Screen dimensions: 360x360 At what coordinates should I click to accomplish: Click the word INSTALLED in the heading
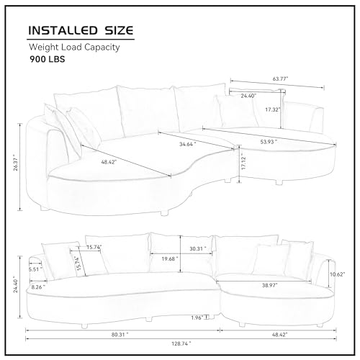point(63,31)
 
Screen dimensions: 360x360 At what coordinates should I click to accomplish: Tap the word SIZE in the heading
point(119,31)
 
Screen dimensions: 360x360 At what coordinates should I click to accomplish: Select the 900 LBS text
point(48,59)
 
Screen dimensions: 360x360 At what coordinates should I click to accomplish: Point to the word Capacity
point(102,48)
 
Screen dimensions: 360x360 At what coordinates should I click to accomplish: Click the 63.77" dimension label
point(280,78)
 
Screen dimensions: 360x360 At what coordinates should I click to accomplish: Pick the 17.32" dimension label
point(273,109)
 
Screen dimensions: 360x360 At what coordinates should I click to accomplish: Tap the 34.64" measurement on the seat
point(188,144)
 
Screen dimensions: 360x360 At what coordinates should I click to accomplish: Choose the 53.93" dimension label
point(269,142)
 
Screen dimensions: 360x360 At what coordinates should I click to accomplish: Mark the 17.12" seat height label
point(244,163)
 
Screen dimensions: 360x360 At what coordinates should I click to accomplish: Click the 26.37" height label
point(16,163)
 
